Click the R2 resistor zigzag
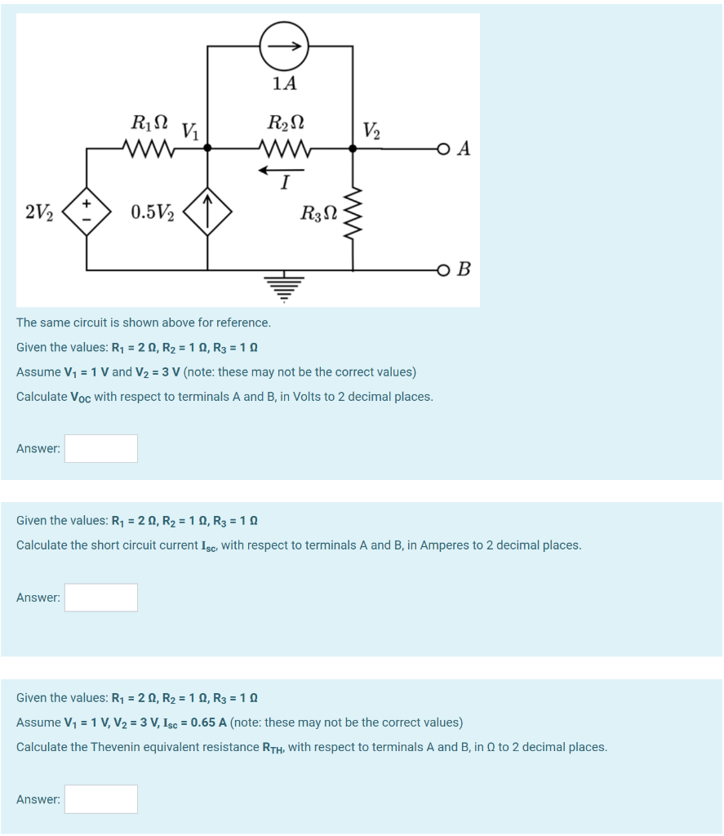pos(283,149)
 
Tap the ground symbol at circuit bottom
pos(283,286)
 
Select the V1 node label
pos(191,131)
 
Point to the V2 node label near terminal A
pos(371,131)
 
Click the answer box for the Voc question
pos(101,448)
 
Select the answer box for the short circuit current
pos(101,598)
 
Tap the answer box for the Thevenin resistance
pos(101,799)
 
